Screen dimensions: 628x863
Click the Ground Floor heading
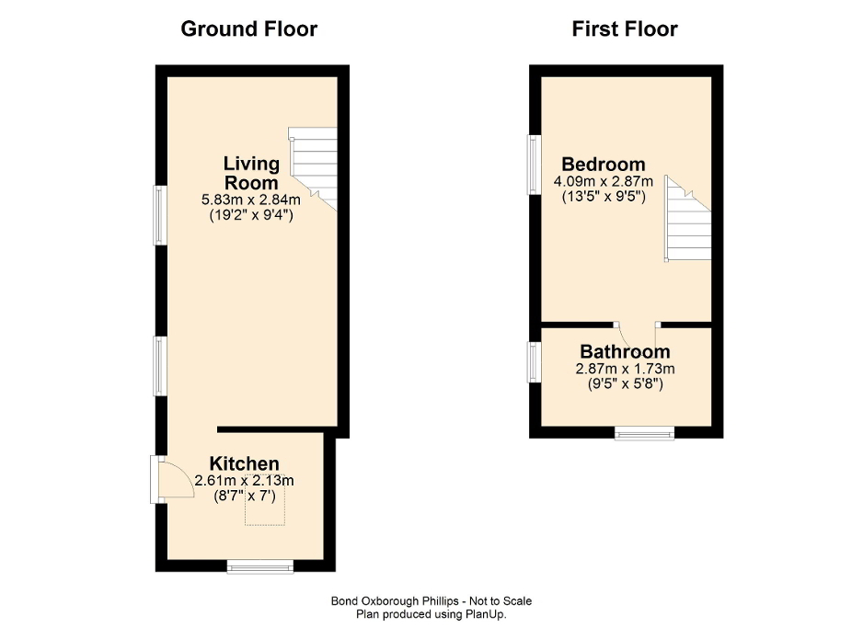click(x=248, y=29)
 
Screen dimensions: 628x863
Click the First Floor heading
click(x=625, y=29)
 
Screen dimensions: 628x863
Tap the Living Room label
click(x=251, y=173)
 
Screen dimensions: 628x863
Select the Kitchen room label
click(x=244, y=463)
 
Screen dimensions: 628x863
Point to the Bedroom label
click(x=604, y=166)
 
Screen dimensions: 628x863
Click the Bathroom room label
click(x=625, y=352)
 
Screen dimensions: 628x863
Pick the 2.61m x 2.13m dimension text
click(x=244, y=480)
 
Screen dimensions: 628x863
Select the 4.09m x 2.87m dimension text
click(x=604, y=181)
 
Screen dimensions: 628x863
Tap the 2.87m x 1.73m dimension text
click(x=625, y=369)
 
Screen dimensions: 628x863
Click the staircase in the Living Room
click(x=313, y=166)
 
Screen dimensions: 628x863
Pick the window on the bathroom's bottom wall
click(x=644, y=433)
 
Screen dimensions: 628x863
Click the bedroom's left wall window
click(x=533, y=166)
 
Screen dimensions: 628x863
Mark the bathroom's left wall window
click(x=533, y=361)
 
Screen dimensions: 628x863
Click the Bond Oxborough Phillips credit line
click(x=431, y=601)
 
